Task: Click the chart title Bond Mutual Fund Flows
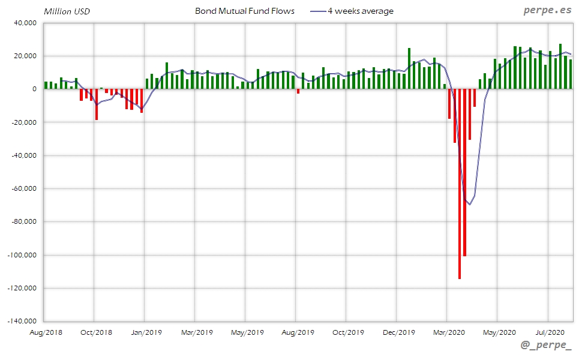click(245, 11)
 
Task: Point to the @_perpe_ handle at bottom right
click(546, 346)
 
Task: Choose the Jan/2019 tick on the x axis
click(146, 332)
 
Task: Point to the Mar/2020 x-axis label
click(448, 332)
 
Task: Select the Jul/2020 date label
click(548, 332)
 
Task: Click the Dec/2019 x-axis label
click(398, 332)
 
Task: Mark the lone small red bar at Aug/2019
click(298, 91)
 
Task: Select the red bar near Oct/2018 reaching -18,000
click(96, 104)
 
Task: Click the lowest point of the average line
click(469, 205)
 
